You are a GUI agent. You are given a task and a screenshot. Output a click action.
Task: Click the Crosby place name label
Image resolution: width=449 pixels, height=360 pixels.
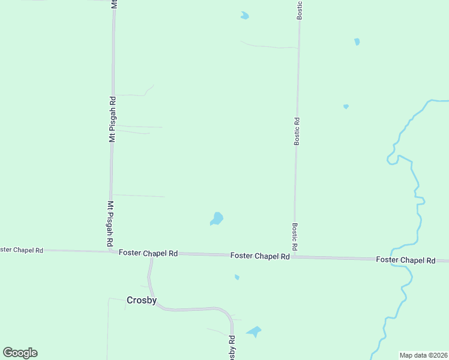click(x=142, y=300)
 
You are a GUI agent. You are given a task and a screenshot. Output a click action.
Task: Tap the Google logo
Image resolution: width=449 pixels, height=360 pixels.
click(x=20, y=353)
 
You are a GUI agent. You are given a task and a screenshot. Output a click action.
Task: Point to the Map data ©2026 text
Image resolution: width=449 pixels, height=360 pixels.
click(x=424, y=355)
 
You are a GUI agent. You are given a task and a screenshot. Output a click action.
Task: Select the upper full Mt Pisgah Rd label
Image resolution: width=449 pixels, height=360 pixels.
click(x=112, y=119)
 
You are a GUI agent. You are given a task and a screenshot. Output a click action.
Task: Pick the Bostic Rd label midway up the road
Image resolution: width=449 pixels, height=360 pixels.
click(x=297, y=131)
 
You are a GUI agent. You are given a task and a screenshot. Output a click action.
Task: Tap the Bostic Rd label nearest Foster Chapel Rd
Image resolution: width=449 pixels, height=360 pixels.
click(x=295, y=237)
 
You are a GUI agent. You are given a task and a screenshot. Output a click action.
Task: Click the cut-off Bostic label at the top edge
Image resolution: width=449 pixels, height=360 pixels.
click(x=300, y=10)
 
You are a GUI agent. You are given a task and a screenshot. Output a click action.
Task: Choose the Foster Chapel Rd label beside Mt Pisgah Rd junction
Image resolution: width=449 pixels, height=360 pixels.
click(x=148, y=253)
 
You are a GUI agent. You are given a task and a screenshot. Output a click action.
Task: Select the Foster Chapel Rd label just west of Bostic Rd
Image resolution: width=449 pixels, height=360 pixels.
click(x=260, y=256)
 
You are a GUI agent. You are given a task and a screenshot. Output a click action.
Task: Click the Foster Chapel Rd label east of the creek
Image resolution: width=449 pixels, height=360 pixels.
click(x=406, y=260)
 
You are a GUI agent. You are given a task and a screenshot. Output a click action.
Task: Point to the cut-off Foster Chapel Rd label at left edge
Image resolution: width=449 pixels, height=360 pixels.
click(x=22, y=250)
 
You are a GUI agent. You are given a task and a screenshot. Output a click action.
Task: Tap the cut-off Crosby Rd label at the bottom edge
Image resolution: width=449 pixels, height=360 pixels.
click(x=232, y=348)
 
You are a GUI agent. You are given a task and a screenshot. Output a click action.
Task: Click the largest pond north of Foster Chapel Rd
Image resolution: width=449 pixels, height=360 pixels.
click(x=217, y=219)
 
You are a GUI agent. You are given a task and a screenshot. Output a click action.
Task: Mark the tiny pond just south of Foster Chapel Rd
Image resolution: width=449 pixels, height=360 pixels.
click(x=237, y=277)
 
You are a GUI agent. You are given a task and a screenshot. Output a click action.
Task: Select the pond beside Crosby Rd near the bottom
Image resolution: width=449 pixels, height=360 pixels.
click(x=254, y=331)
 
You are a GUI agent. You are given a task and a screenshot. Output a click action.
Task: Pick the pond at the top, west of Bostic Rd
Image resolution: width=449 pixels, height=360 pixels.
click(x=244, y=16)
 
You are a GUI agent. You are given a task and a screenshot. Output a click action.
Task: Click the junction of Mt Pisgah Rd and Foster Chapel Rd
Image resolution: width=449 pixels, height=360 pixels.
click(x=111, y=252)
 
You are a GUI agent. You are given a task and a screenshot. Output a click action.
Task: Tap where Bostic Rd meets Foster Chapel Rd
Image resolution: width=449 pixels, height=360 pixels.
click(x=295, y=257)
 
